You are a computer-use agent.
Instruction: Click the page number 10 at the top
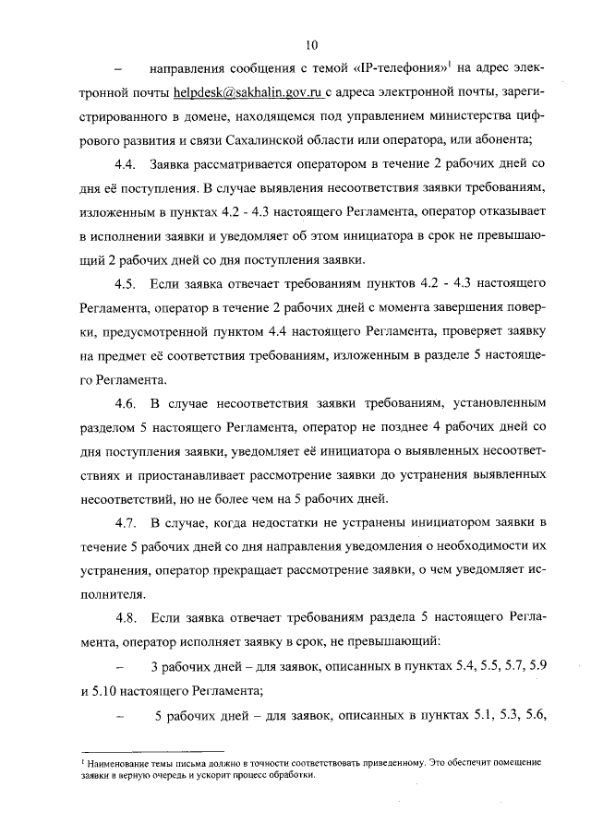pyautogui.click(x=311, y=42)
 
